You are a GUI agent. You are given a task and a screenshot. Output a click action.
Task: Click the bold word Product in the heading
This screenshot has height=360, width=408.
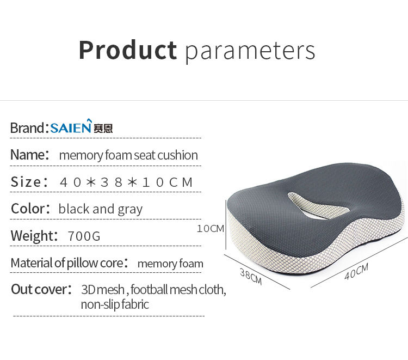click(128, 50)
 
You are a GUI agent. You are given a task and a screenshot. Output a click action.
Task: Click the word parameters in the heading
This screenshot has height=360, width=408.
click(250, 52)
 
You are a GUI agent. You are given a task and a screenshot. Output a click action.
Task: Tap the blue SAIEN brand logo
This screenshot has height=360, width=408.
click(71, 126)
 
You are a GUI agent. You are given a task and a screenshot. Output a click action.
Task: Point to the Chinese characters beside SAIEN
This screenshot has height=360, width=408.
click(103, 129)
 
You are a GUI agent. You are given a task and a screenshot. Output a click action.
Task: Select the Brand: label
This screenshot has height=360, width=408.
click(29, 128)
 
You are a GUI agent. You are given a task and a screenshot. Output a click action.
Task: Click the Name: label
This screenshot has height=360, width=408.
click(30, 155)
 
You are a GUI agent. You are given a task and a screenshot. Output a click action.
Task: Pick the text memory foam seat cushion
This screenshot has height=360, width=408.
click(128, 156)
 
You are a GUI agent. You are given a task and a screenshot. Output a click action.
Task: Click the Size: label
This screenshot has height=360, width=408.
click(29, 181)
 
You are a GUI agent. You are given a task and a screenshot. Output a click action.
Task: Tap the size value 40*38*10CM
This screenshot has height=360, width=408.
click(126, 182)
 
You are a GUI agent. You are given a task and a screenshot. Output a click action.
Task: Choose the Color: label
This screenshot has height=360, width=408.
click(30, 209)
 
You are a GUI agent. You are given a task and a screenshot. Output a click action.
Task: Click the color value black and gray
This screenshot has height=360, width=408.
click(101, 209)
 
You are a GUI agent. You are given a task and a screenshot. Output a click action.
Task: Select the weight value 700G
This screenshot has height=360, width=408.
click(84, 236)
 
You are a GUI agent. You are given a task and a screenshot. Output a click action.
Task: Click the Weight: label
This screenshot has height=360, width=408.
click(34, 236)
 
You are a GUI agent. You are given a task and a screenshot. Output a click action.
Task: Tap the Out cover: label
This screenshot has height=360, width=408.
click(41, 289)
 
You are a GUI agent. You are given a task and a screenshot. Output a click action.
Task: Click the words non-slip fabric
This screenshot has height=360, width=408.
click(115, 304)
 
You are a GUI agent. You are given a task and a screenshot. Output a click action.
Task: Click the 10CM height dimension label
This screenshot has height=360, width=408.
click(210, 228)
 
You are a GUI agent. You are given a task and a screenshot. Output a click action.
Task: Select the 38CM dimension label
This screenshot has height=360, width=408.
click(251, 276)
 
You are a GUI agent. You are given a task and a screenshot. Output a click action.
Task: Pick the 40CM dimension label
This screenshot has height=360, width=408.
click(356, 271)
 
